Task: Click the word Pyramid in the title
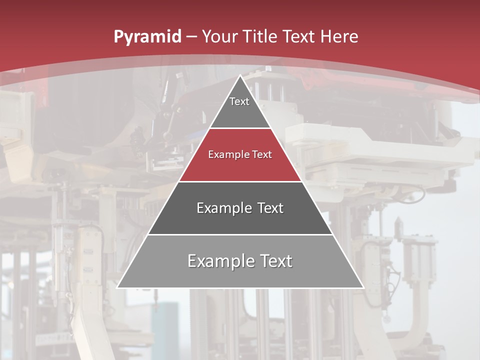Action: pyautogui.click(x=147, y=37)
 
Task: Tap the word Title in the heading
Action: pyautogui.click(x=260, y=36)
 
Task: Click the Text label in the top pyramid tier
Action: pyautogui.click(x=239, y=101)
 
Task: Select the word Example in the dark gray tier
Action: pyautogui.click(x=223, y=208)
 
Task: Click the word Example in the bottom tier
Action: pyautogui.click(x=218, y=261)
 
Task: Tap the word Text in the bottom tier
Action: pyautogui.click(x=273, y=261)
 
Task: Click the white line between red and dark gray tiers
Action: pyautogui.click(x=240, y=181)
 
